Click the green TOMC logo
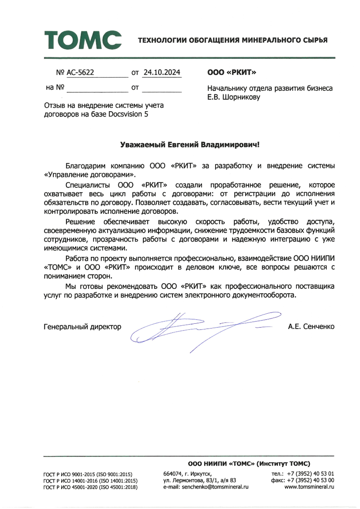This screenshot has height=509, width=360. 83,39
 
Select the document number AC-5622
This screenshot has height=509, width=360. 80,72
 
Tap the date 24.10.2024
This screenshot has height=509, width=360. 162,72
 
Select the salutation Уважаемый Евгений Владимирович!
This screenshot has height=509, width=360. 190,144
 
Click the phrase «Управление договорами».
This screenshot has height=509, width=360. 90,174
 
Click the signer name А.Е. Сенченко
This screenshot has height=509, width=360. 311,327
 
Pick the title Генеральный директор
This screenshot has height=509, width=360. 82,327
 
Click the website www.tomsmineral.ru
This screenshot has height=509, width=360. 309,487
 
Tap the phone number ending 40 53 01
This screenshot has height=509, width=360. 310,473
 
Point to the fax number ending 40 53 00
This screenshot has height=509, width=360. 310,480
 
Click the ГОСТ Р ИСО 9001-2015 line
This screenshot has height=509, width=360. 90,474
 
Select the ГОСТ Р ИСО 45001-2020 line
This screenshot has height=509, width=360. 90,487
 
